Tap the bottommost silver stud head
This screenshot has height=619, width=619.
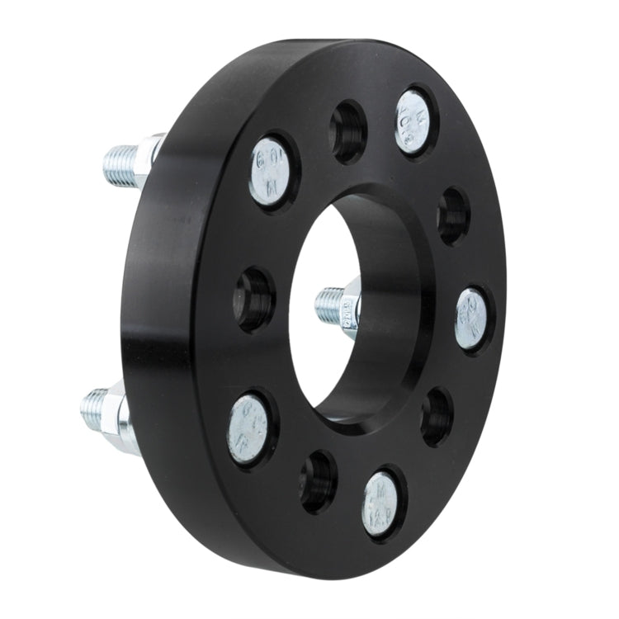click(x=381, y=503)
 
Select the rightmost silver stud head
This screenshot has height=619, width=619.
click(x=471, y=319)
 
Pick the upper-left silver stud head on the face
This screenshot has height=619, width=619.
click(x=270, y=171)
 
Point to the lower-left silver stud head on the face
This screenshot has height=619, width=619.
click(x=248, y=428)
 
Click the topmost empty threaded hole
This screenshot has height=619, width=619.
click(x=348, y=131)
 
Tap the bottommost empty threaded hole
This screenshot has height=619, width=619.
click(x=319, y=481)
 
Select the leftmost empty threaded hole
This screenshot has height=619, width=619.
click(x=254, y=296)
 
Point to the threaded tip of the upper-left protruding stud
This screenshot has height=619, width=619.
click(x=120, y=165)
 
